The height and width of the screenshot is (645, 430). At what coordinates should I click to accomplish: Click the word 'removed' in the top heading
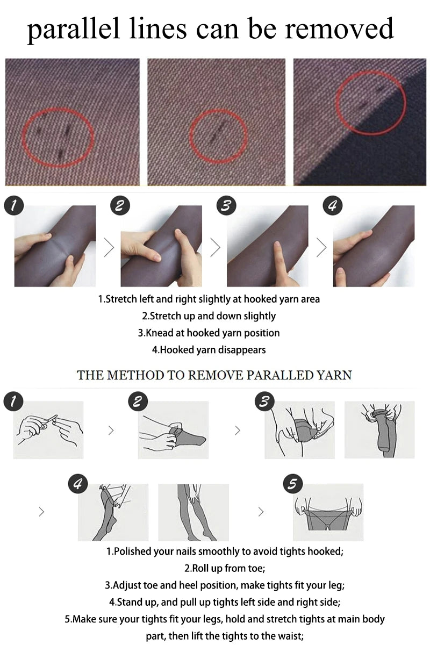[339, 28]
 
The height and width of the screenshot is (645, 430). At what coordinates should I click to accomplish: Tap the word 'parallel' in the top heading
[73, 31]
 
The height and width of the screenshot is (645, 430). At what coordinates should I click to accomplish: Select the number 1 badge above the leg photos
[13, 206]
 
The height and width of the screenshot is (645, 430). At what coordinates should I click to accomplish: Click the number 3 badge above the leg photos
[226, 206]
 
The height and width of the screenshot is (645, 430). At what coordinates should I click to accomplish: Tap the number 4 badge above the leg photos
[333, 206]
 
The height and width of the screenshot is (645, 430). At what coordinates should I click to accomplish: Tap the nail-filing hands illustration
[48, 430]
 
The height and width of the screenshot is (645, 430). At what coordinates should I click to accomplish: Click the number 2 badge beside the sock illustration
[138, 402]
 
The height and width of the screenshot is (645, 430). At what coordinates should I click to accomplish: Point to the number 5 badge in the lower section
[293, 484]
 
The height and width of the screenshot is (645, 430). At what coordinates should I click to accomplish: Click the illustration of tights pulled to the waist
[328, 512]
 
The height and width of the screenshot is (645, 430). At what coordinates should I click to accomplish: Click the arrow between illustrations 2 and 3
[238, 431]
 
